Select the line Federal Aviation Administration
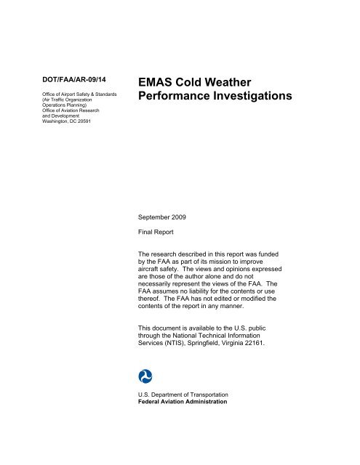182,401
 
